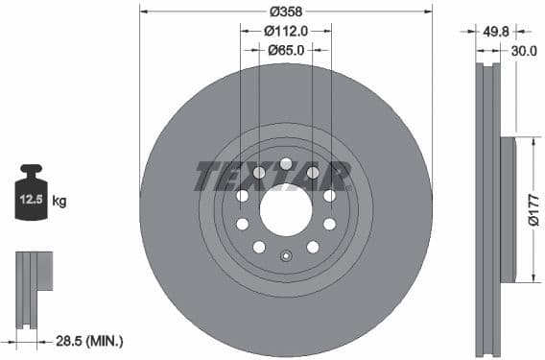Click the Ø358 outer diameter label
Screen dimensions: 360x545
(x=285, y=12)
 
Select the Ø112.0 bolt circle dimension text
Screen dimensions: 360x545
(x=285, y=31)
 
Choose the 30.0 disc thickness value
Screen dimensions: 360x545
(x=524, y=51)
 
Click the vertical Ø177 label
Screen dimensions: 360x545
(x=534, y=209)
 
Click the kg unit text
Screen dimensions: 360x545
(x=59, y=202)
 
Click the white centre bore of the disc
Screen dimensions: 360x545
(x=285, y=209)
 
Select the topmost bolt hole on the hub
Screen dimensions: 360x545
(x=285, y=163)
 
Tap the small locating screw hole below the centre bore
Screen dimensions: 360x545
(x=285, y=255)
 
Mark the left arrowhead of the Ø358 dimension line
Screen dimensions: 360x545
(x=143, y=12)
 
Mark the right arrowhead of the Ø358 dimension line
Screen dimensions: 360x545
(x=428, y=12)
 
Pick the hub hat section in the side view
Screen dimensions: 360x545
(x=508, y=209)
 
